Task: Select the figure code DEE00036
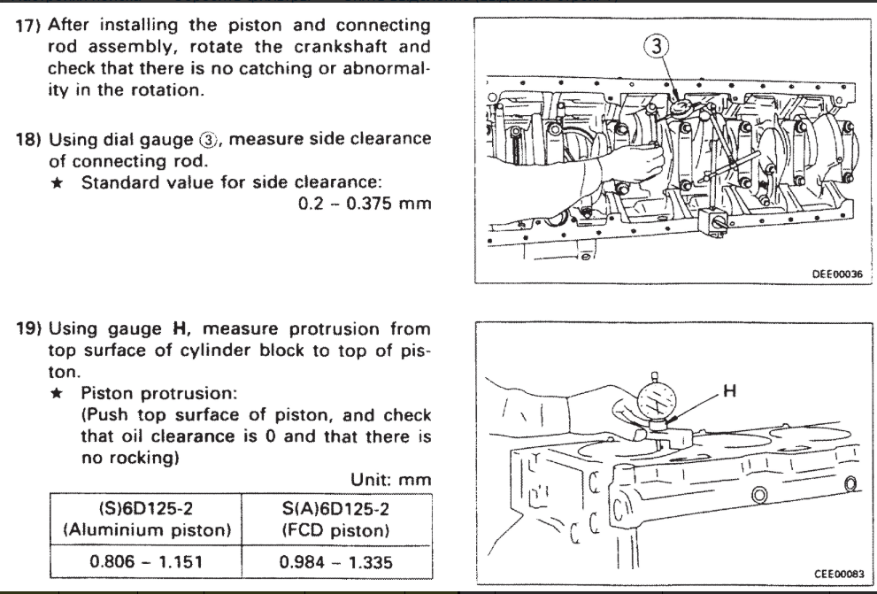(x=840, y=274)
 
